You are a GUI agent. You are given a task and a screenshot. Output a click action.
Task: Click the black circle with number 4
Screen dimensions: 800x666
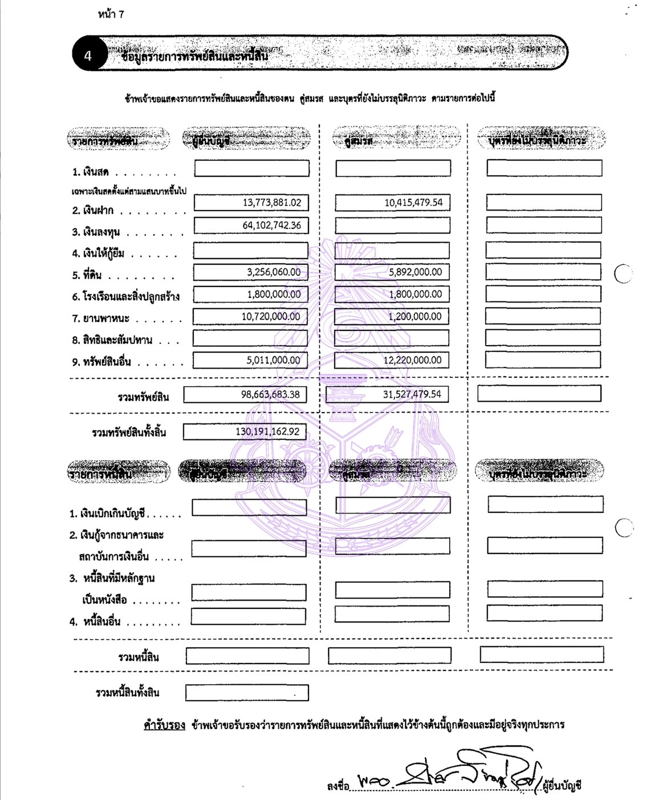[88, 56]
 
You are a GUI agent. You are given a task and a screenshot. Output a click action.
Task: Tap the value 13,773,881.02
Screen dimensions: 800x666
[271, 203]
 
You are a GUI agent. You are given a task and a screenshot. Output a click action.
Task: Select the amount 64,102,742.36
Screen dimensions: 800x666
[271, 225]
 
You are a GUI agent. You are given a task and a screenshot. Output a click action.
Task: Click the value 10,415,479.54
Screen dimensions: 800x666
[413, 203]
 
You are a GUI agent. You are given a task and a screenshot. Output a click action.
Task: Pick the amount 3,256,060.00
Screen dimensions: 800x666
[273, 272]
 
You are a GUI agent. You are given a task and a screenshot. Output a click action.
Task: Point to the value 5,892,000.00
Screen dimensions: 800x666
[415, 272]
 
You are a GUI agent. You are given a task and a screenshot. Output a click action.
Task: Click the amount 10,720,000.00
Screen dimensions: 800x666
[270, 317]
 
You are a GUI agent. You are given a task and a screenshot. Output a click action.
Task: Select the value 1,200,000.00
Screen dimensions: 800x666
[415, 317]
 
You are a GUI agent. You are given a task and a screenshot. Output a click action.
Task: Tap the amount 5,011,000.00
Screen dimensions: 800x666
[273, 361]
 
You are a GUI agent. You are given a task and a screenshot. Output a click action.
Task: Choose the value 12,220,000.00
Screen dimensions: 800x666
[412, 361]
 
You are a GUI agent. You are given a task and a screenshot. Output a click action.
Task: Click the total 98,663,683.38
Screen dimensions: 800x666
[270, 394]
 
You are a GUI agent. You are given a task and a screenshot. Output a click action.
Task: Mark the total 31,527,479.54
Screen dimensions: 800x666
[412, 394]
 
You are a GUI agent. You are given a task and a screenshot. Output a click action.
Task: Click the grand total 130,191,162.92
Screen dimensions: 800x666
[267, 432]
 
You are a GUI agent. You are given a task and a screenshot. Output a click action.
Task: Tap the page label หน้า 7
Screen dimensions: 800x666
[111, 14]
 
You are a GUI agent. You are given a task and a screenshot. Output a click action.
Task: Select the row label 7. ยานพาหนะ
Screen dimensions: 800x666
[101, 318]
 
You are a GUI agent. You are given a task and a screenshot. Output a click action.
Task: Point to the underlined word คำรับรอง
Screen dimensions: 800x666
[164, 725]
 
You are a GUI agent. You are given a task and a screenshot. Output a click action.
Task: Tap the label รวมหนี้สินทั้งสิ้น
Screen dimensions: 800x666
[127, 693]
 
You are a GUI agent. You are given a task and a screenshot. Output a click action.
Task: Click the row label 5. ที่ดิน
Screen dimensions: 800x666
[87, 275]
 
